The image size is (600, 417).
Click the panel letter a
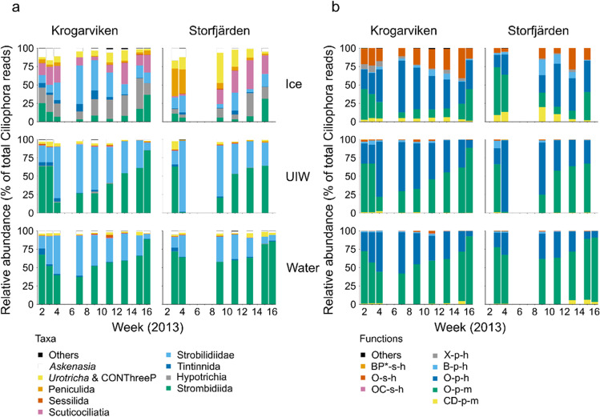pyautogui.click(x=5, y=6)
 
